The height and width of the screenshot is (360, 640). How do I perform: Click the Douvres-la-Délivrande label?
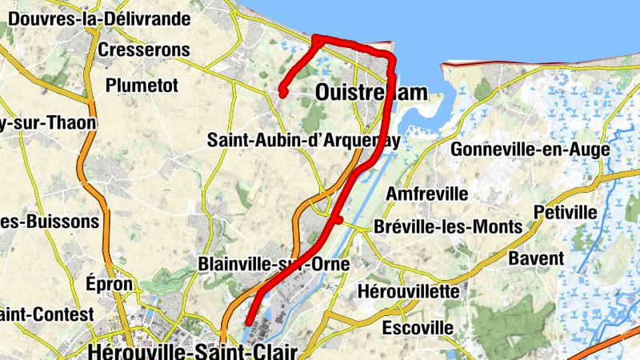point(99,18)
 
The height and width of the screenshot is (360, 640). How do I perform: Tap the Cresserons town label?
point(144,50)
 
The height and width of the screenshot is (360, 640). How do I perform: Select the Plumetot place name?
point(142,85)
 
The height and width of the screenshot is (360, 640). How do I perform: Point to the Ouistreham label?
point(371,93)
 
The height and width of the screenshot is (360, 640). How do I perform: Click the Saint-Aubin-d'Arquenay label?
point(303,139)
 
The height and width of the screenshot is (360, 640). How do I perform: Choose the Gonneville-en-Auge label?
point(530,149)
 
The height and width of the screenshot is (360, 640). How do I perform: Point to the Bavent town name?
point(536,258)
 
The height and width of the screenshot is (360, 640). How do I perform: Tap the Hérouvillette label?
point(409,290)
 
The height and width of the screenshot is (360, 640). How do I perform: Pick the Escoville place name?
point(418,327)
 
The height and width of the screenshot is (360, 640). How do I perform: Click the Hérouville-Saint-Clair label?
point(194,350)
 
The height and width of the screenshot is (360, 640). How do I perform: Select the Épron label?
point(103,284)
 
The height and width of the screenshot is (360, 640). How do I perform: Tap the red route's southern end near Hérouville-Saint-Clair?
point(250,322)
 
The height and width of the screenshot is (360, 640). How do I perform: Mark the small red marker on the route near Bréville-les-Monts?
point(338,219)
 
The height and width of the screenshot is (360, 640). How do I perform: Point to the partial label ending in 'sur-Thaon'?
point(48,122)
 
